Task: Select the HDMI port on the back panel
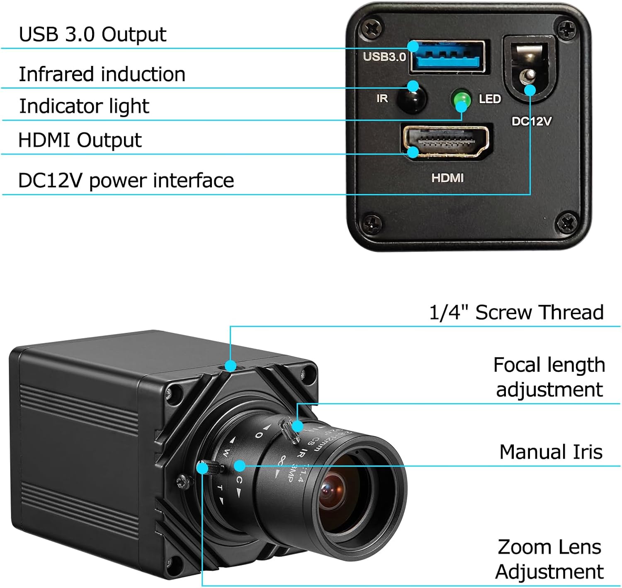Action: pos(446,142)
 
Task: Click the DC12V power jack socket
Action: pos(528,70)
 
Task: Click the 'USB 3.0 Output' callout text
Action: pos(92,34)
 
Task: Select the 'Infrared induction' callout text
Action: pos(102,75)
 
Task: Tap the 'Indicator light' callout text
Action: pos(84,106)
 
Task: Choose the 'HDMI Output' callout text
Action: pos(80,140)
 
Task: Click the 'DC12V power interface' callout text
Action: pos(126,181)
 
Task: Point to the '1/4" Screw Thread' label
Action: pos(516,312)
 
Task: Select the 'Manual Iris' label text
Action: pos(551,452)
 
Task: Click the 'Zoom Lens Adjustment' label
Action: pos(549,559)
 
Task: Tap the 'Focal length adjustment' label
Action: pos(549,377)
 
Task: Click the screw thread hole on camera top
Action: pos(231,365)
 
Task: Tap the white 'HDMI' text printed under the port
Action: pos(447,178)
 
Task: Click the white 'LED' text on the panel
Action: pos(490,99)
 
